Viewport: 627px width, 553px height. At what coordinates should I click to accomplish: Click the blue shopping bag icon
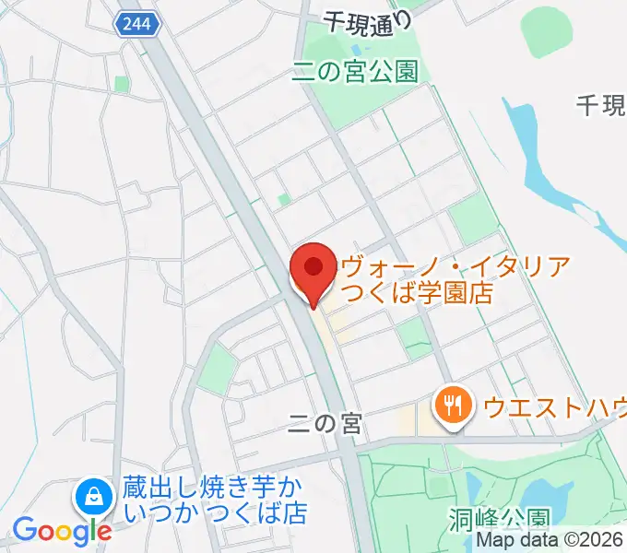click(93, 499)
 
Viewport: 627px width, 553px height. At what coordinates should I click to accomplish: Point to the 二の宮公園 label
click(355, 71)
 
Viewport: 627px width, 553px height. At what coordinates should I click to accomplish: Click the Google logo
click(62, 530)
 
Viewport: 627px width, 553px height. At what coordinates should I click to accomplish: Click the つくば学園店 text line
click(414, 294)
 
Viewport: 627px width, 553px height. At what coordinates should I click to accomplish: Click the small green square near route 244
click(121, 84)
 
